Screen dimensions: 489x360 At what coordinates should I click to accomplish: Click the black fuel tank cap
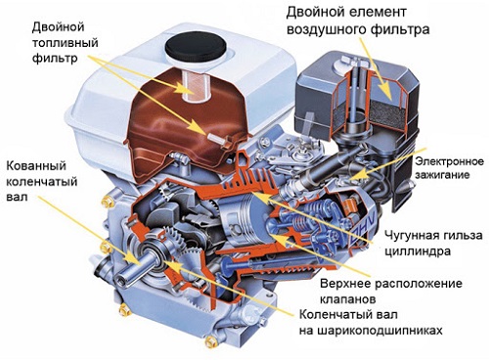(195, 47)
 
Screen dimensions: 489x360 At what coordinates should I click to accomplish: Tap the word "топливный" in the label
(66, 43)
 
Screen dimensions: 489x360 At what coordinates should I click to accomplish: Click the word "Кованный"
(36, 165)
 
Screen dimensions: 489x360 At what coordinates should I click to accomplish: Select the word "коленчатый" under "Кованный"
(42, 181)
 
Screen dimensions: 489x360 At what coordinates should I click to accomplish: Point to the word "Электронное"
(449, 162)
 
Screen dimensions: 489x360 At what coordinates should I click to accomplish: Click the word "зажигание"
(442, 175)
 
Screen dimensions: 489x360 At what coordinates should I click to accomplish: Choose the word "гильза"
(462, 236)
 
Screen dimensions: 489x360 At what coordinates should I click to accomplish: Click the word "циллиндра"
(418, 251)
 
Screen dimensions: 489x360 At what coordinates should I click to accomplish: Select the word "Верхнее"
(345, 283)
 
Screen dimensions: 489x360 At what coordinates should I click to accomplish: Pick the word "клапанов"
(348, 299)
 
